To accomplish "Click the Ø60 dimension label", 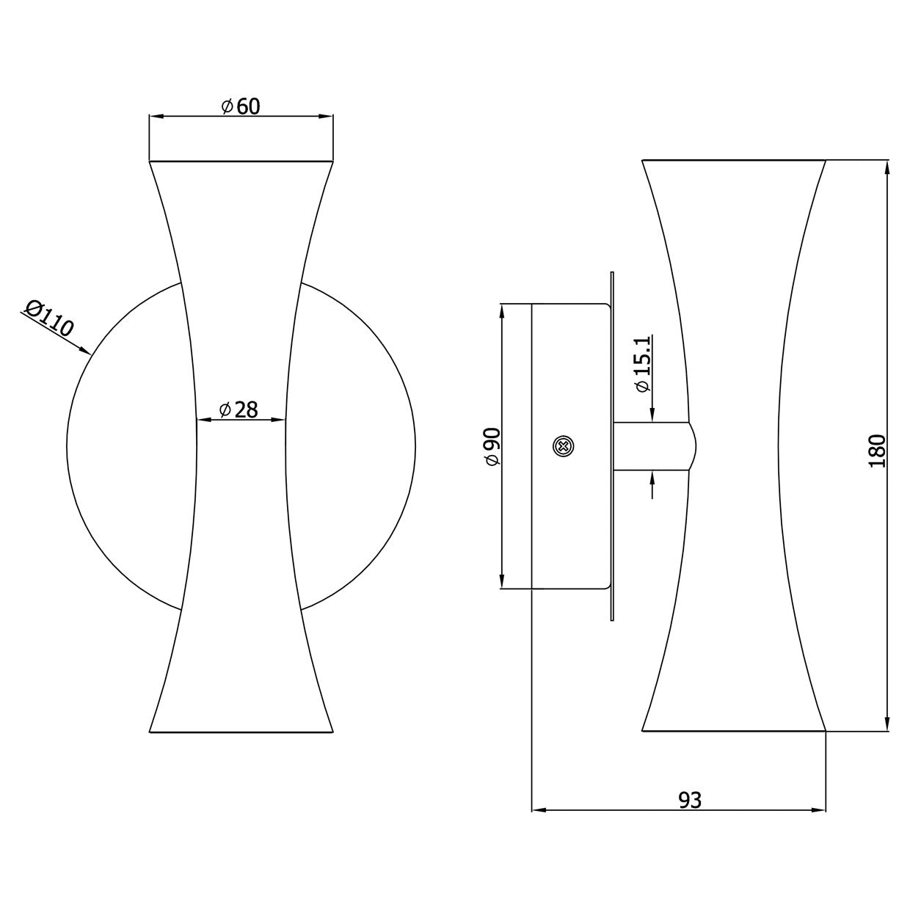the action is (241, 106).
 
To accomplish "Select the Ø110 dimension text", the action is (50, 318).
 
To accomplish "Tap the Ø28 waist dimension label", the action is (239, 409).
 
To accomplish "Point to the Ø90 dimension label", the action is (492, 446).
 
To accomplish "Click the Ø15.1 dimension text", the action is (643, 363).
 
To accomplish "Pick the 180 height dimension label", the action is (877, 451).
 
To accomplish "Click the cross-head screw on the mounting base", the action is (563, 445).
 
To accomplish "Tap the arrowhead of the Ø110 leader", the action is (84, 350).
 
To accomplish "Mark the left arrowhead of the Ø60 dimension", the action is (156, 116).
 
